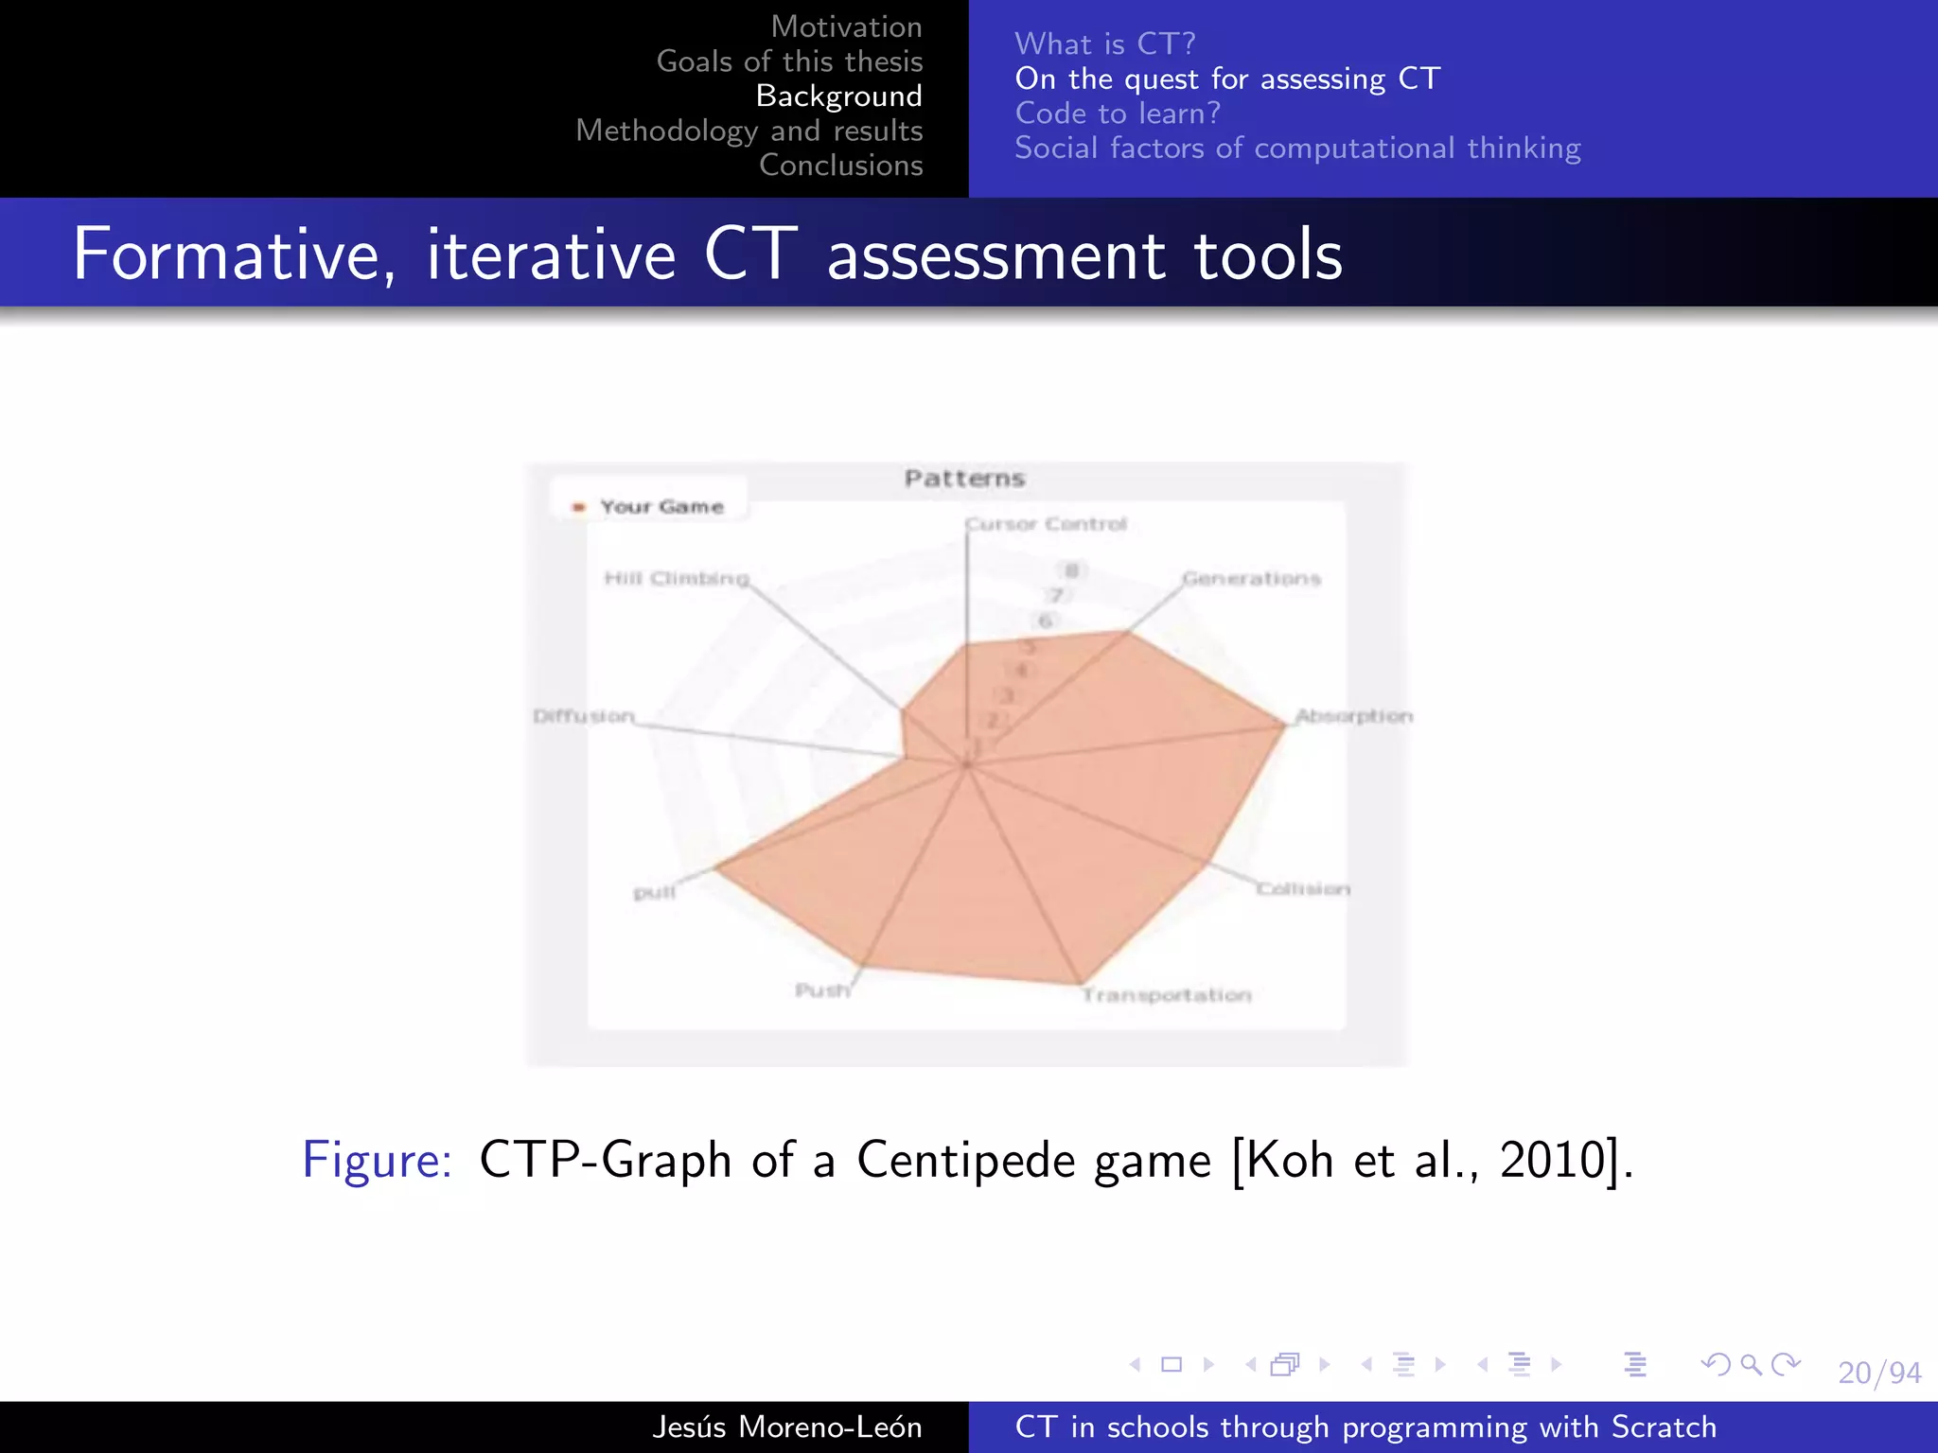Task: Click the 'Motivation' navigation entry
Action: [x=846, y=26]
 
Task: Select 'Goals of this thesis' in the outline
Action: [x=789, y=61]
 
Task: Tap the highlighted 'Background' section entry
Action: [x=838, y=96]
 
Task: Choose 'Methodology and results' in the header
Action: [x=749, y=131]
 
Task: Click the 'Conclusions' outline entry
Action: [x=840, y=165]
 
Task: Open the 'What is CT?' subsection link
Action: [x=1104, y=44]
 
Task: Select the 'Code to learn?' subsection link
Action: [x=1118, y=114]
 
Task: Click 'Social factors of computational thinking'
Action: [x=1297, y=149]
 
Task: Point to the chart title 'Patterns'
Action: [x=964, y=479]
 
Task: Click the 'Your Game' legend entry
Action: [x=661, y=507]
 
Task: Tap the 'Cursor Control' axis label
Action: [x=1046, y=524]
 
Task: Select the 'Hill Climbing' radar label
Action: [x=677, y=578]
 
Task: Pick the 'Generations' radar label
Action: [x=1251, y=578]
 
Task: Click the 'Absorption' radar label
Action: [x=1353, y=716]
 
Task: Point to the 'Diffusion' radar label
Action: [x=584, y=716]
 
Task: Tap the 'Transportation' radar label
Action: [x=1167, y=995]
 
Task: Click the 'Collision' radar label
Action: [x=1303, y=889]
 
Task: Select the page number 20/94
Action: [x=1879, y=1373]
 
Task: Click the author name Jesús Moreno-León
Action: [x=786, y=1427]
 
